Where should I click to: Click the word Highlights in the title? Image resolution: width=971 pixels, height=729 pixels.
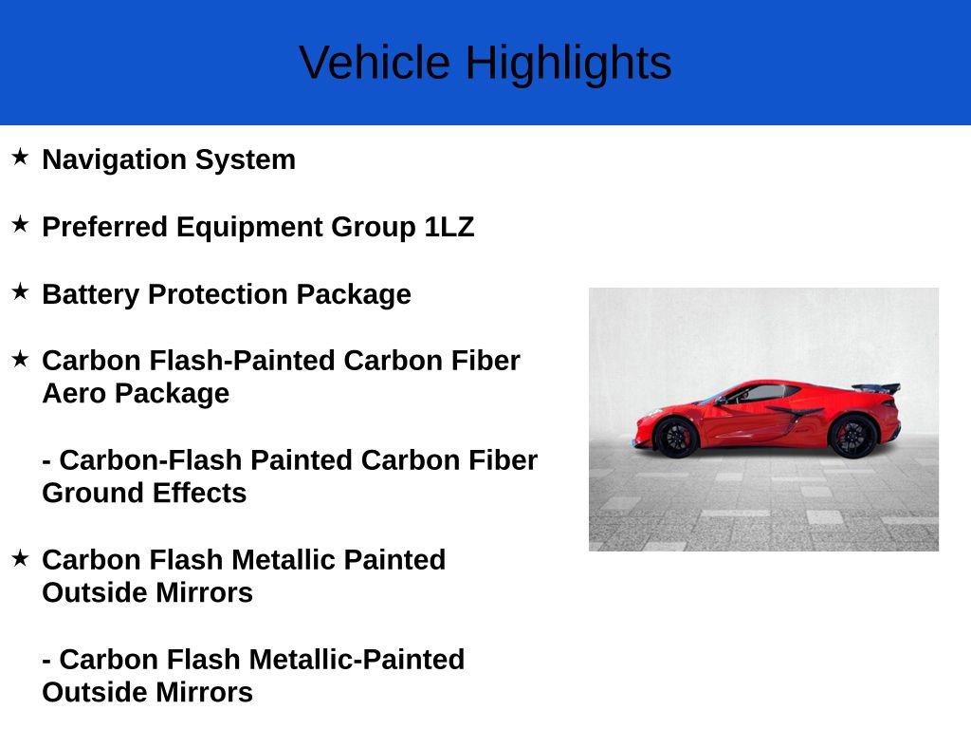tap(568, 64)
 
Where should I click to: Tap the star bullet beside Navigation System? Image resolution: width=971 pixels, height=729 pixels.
tap(20, 157)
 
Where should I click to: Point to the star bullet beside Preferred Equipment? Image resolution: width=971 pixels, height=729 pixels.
tap(20, 224)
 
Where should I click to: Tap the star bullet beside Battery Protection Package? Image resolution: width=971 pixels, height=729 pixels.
tap(20, 291)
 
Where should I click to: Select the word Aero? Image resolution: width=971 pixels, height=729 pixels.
tap(74, 393)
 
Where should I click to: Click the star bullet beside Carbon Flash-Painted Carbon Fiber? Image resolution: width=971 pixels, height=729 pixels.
tap(20, 358)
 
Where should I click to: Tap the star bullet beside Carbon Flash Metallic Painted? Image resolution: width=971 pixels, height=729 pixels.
tap(20, 557)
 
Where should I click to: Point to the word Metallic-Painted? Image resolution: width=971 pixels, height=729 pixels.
tap(357, 659)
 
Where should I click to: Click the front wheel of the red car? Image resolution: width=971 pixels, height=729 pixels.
tap(676, 438)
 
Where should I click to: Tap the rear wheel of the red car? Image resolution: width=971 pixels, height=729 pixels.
tap(852, 436)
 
